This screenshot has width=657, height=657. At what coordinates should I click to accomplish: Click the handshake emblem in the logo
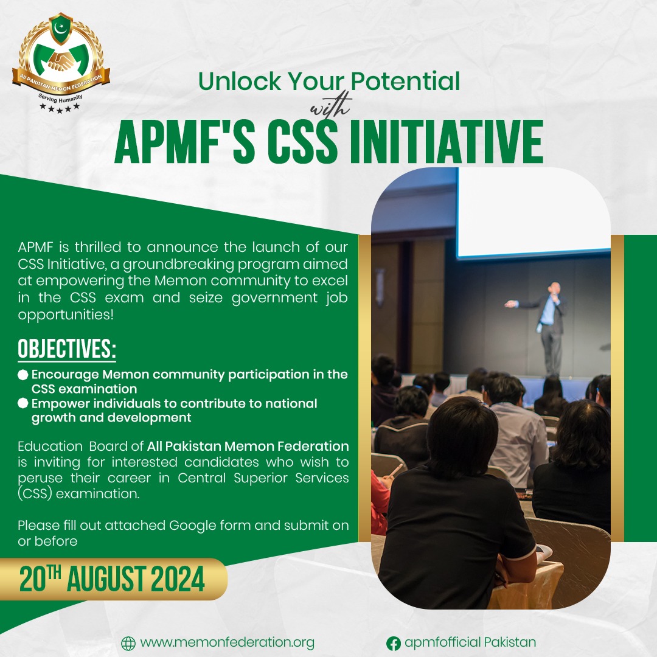(x=61, y=61)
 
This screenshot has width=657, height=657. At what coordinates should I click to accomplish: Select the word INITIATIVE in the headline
(x=446, y=142)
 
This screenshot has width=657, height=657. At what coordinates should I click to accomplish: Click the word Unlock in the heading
(x=239, y=82)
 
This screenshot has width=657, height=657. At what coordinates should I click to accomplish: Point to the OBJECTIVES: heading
(x=67, y=349)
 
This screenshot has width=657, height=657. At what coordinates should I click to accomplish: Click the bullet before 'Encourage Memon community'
(x=23, y=375)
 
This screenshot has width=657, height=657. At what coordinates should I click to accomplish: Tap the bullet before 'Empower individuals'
(x=23, y=403)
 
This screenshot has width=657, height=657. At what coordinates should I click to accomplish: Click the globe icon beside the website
(x=128, y=643)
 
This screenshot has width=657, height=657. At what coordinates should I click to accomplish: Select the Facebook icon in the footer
(x=393, y=643)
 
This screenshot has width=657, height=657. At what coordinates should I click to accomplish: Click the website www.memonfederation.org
(x=227, y=643)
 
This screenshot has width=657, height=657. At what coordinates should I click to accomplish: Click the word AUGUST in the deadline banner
(x=106, y=579)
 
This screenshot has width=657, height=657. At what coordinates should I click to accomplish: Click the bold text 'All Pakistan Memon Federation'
(x=248, y=446)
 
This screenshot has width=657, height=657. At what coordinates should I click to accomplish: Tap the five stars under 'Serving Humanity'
(x=60, y=108)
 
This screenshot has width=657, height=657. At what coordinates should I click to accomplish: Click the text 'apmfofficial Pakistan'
(x=470, y=642)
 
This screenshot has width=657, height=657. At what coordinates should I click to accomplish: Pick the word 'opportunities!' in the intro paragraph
(x=66, y=315)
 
